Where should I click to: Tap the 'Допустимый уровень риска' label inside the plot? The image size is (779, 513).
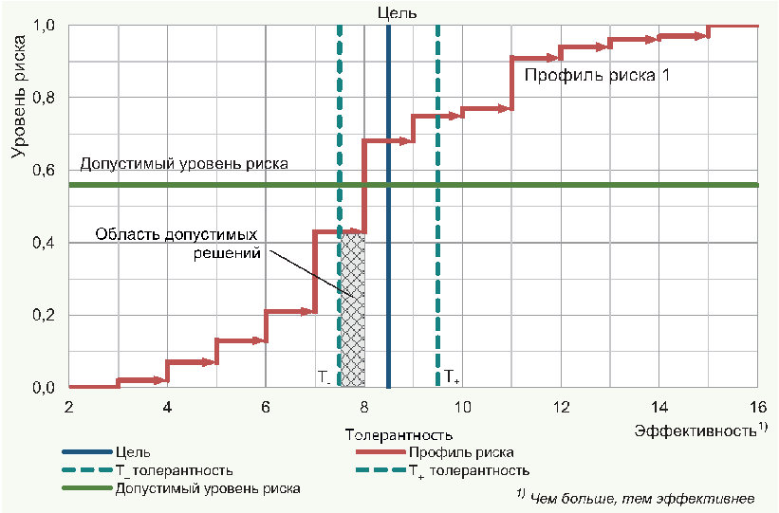[x=184, y=163]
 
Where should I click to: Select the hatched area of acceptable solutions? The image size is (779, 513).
[x=353, y=308]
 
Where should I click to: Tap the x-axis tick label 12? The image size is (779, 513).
[x=561, y=406]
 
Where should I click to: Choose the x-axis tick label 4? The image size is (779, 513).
[x=167, y=406]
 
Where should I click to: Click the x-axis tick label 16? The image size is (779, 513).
[x=757, y=406]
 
